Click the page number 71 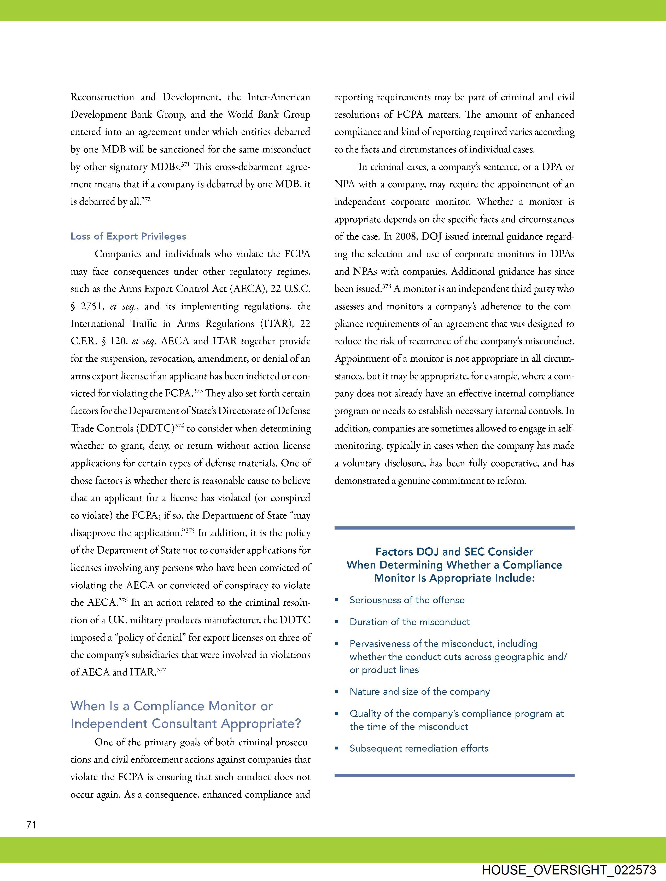31,825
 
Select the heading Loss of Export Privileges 128,236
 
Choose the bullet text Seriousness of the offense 407,600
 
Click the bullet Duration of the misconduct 409,622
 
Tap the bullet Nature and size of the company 419,691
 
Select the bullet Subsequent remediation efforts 419,748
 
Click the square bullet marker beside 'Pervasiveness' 337,644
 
